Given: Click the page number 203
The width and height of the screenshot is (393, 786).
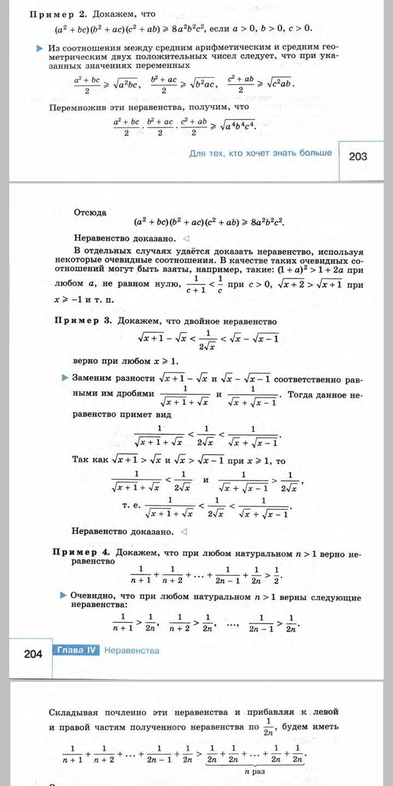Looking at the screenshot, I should [358, 157].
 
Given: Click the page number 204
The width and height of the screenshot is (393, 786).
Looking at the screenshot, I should [33, 653].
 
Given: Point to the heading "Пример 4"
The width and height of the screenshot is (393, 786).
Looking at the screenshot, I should [82, 552].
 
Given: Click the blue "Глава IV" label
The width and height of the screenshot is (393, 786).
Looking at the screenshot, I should [76, 650].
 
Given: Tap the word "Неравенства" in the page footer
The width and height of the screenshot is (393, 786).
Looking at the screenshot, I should [132, 650].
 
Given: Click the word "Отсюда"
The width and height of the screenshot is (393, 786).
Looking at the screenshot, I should [90, 213].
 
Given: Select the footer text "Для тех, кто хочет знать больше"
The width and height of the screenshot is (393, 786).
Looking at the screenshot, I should [260, 153].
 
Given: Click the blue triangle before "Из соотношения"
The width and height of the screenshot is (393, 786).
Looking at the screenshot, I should [39, 49].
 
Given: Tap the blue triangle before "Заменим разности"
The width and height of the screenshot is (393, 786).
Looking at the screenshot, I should [65, 377].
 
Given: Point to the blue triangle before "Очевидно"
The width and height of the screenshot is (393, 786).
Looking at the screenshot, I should [64, 595].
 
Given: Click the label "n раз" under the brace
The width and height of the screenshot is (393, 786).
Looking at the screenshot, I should [255, 772].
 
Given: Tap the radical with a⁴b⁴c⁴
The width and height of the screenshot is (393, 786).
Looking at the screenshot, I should [238, 125].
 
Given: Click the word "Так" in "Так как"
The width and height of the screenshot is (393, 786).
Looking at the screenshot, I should [81, 460].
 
